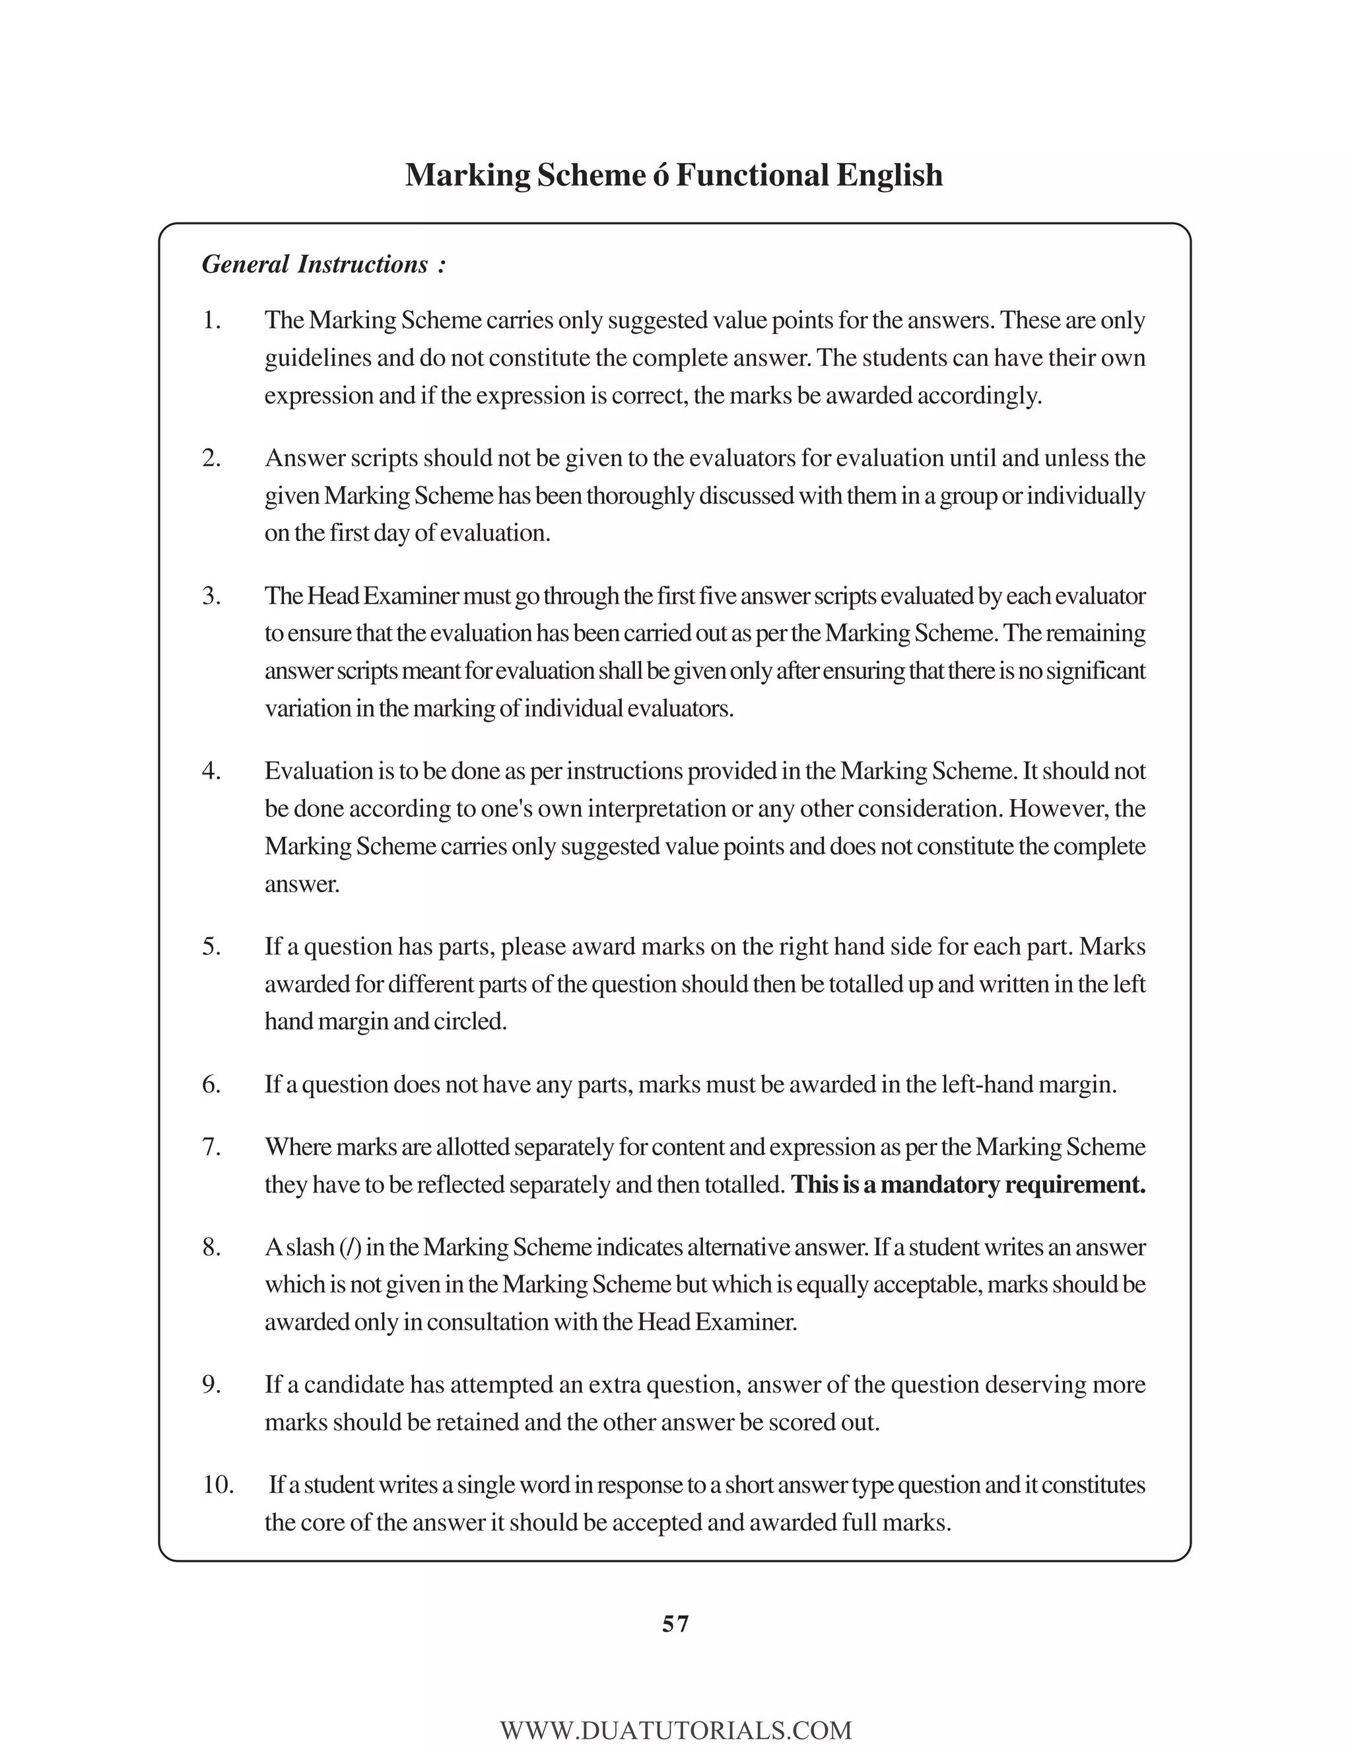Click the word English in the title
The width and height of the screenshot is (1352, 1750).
pos(889,175)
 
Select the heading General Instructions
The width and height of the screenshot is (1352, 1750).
pos(323,264)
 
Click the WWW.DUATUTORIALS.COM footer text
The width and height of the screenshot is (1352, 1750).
pos(676,1730)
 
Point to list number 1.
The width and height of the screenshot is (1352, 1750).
pos(211,320)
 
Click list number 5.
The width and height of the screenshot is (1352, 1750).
pos(211,946)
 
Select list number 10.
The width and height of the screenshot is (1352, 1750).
pos(217,1485)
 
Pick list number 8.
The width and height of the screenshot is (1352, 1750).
pos(211,1247)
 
